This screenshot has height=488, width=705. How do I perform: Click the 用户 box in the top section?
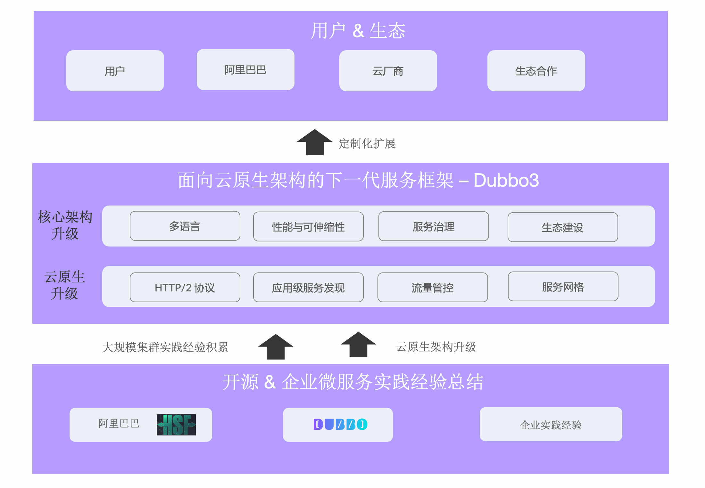(115, 71)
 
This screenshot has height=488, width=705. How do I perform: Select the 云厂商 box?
(388, 71)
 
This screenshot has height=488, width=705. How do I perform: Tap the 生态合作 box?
(536, 71)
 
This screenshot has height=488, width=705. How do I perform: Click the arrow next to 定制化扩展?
(314, 142)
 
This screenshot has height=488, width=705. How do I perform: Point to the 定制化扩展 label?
(367, 144)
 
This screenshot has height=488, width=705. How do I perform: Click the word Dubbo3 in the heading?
(506, 180)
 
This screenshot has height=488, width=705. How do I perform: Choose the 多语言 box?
(185, 226)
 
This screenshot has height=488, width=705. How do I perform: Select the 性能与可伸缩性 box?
(308, 227)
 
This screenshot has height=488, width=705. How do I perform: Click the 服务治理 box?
(433, 226)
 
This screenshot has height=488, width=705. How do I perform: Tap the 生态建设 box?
(562, 227)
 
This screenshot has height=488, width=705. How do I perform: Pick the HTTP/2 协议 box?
(185, 288)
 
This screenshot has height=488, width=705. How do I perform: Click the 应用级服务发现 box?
(308, 288)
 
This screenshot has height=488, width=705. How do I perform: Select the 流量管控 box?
(432, 288)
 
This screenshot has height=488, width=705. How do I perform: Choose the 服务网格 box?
(563, 287)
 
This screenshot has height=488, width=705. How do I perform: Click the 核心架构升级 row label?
(65, 225)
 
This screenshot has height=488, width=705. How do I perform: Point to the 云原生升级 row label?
(64, 285)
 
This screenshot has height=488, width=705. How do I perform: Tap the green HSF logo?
(176, 425)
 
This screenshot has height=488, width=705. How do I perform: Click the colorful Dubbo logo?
(340, 424)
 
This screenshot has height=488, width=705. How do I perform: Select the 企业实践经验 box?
(551, 425)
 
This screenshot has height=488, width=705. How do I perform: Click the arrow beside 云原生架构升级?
(358, 345)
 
